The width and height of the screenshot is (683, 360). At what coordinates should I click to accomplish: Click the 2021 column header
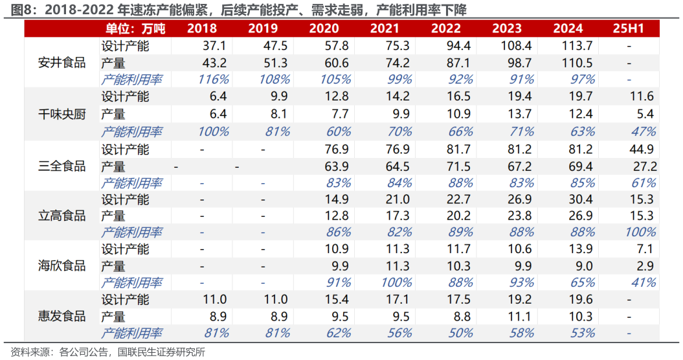coord(385,29)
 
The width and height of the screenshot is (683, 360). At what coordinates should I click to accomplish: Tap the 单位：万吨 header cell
coord(136,29)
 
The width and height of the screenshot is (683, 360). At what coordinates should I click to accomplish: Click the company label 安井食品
coord(62,63)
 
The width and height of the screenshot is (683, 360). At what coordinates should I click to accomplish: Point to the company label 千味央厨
coord(62,114)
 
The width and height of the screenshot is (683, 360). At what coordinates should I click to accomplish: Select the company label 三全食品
coord(62,166)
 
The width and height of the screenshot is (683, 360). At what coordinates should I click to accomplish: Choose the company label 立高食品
coord(62,216)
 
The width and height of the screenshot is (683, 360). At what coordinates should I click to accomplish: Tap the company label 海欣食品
coord(62,265)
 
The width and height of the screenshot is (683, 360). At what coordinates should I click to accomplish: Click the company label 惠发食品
coord(62,316)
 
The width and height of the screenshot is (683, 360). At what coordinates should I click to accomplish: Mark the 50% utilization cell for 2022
coord(457,333)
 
